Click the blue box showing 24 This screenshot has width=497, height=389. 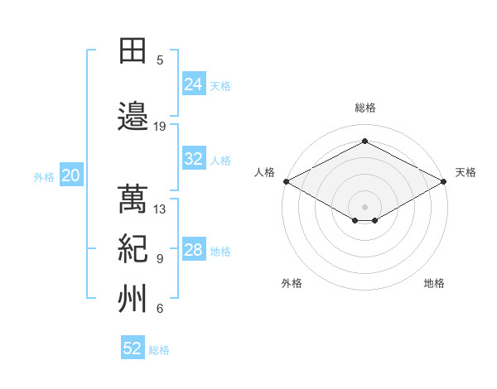tap(194, 84)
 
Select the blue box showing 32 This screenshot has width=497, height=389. tap(194, 159)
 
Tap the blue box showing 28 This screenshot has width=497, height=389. tap(194, 250)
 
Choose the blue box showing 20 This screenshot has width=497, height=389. tap(71, 175)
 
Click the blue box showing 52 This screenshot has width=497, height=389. tap(133, 348)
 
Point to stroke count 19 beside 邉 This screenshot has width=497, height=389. tap(160, 127)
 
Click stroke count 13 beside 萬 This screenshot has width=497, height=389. tap(161, 209)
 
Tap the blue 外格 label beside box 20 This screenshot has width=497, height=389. tap(44, 176)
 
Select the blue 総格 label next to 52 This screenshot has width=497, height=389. tap(159, 350)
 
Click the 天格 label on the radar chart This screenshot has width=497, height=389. tap(466, 172)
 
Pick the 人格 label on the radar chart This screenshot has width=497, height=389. tap(264, 172)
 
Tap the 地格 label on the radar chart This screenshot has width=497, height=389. tap(434, 283)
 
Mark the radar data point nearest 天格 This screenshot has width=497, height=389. tap(444, 181)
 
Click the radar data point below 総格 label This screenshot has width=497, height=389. tap(364, 141)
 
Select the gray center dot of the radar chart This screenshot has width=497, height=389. tap(364, 206)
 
